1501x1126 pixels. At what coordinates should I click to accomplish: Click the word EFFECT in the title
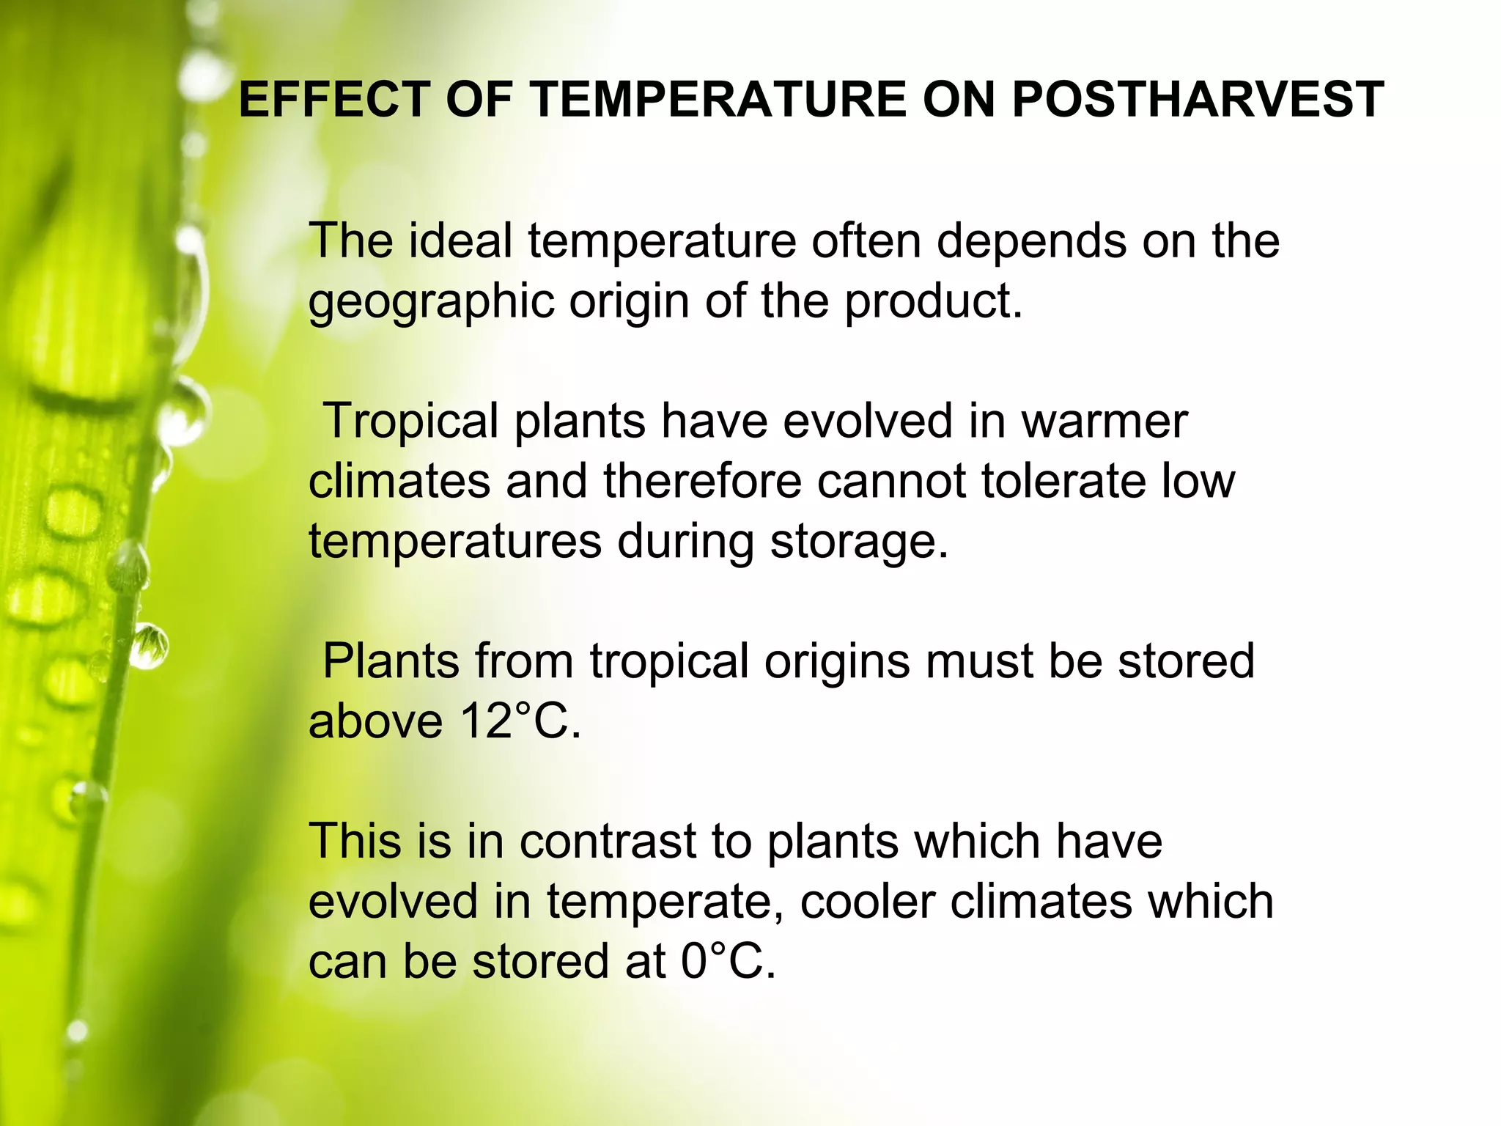[334, 100]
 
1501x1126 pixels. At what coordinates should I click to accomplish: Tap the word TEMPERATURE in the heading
[720, 100]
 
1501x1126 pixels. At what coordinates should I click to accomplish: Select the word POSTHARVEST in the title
[1198, 100]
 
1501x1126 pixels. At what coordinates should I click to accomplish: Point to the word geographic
[431, 302]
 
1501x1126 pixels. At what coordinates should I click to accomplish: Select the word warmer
[1104, 422]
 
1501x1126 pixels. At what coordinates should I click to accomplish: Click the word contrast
[608, 841]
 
